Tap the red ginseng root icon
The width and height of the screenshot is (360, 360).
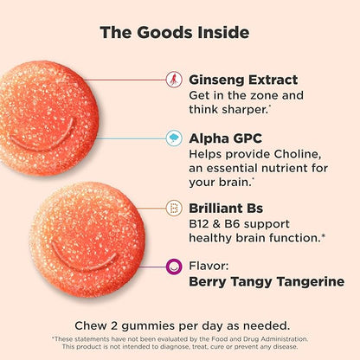[174, 80]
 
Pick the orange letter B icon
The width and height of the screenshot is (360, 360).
[174, 209]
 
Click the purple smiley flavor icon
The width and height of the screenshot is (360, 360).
[174, 267]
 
